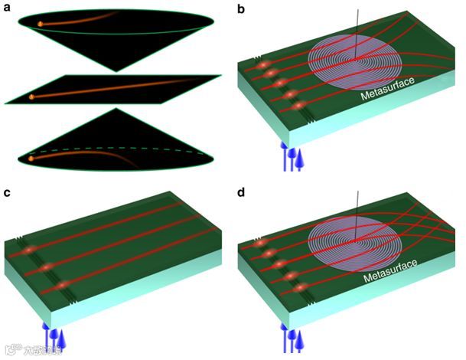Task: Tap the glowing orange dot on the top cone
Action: [40, 25]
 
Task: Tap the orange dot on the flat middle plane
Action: [31, 97]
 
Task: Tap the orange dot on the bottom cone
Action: [31, 158]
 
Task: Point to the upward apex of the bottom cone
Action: [116, 109]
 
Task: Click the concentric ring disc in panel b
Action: [357, 57]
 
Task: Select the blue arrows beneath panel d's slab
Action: [291, 341]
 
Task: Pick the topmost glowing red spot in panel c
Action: [28, 250]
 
